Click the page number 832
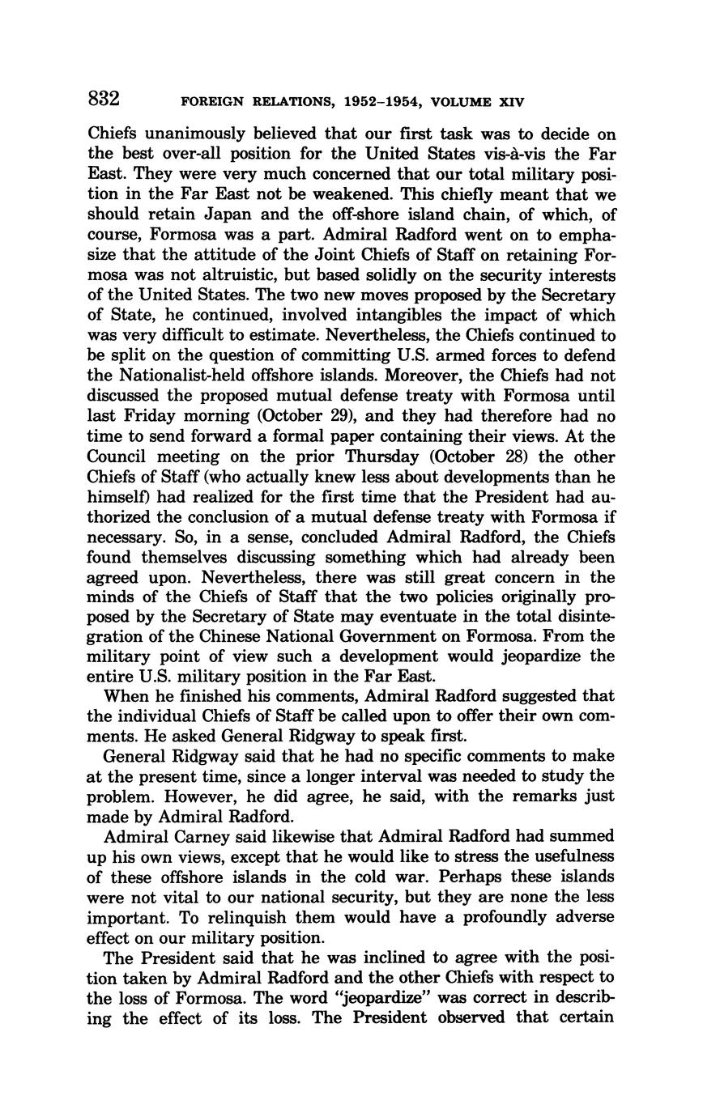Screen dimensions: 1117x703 pyautogui.click(x=104, y=100)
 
